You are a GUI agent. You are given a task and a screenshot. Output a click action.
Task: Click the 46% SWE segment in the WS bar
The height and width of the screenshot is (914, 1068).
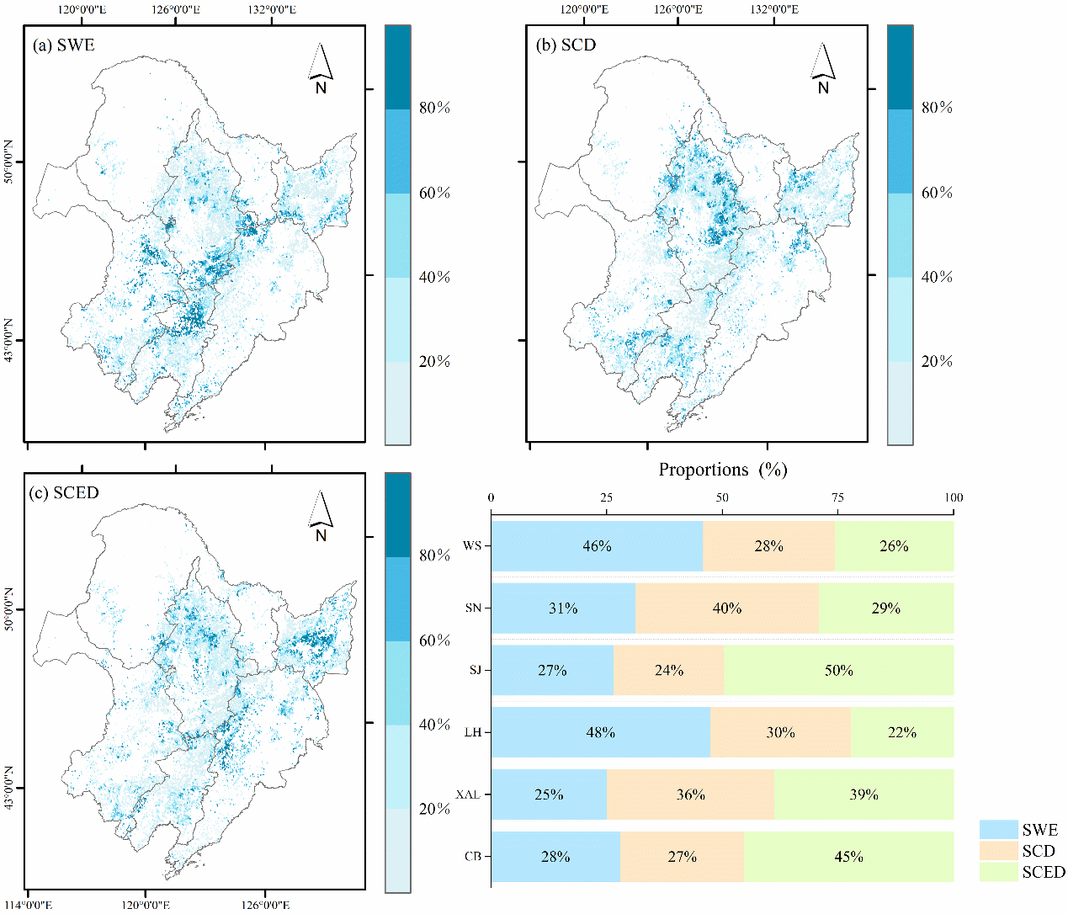tap(597, 546)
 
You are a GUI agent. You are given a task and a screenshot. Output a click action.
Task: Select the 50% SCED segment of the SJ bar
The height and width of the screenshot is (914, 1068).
tap(838, 671)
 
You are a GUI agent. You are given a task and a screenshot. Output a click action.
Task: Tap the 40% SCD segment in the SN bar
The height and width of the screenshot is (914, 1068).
tap(727, 608)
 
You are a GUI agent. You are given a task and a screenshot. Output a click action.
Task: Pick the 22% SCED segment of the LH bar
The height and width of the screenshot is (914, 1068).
tap(901, 732)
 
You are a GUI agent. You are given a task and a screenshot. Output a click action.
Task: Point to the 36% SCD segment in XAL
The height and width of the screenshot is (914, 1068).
tap(690, 794)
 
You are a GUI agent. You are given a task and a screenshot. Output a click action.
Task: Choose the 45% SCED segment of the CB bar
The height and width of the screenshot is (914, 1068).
tap(848, 857)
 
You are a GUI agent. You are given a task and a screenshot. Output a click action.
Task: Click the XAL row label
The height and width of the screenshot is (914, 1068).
tap(467, 794)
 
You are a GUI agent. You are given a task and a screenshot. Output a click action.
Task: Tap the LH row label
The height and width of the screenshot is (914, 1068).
tap(472, 732)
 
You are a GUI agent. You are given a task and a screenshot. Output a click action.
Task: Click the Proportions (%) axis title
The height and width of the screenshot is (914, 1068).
tap(722, 470)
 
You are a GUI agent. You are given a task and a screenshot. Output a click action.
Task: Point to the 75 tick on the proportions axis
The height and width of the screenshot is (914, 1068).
tap(837, 497)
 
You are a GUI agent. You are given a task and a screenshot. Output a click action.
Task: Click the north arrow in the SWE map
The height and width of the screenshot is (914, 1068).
tap(321, 67)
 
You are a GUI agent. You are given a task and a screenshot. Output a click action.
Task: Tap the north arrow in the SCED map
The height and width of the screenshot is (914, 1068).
tap(321, 516)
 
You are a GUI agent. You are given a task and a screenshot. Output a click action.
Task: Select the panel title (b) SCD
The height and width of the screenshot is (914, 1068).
tap(566, 45)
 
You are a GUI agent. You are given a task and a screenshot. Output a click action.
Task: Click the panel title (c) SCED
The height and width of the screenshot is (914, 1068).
tap(64, 493)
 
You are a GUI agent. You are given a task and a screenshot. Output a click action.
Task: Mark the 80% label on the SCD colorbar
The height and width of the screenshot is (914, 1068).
tap(937, 108)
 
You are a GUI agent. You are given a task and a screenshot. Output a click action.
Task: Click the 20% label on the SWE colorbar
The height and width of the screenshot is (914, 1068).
tap(434, 362)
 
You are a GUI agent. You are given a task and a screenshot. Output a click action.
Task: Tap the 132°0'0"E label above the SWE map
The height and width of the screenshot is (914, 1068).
tap(271, 9)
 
